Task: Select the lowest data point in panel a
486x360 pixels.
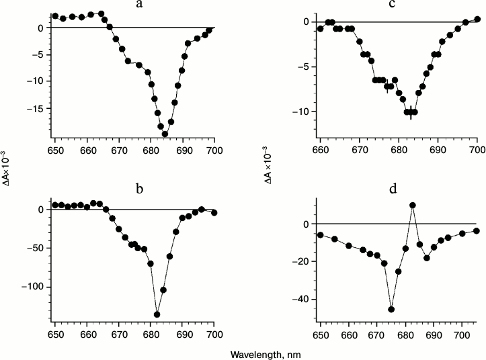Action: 165,134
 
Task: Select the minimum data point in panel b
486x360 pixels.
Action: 157,314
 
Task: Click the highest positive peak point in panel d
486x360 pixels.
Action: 413,205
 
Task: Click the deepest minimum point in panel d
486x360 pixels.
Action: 391,309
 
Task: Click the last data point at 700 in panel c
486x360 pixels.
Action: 477,19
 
